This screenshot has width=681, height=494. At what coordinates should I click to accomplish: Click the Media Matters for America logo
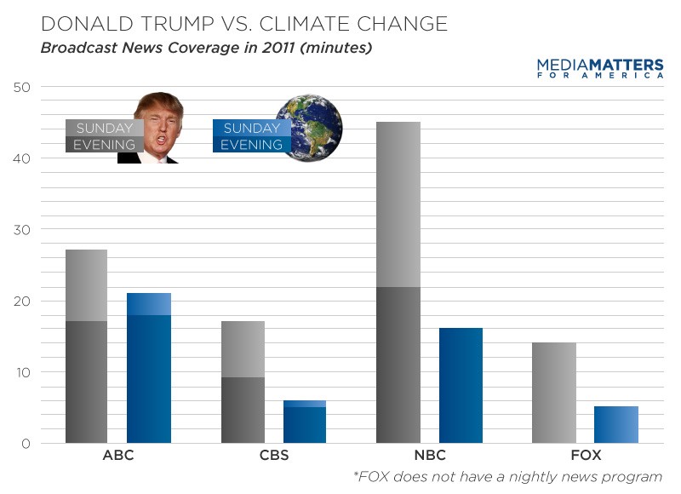coord(600,68)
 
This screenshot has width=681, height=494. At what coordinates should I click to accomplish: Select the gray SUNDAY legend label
coord(104,128)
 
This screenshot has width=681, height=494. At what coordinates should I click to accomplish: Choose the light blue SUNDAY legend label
coord(251,128)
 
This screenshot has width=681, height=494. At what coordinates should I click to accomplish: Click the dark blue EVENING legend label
coord(251,144)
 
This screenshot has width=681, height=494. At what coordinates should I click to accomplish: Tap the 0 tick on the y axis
coord(26,444)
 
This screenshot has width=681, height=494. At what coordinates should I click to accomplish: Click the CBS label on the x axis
coord(273,455)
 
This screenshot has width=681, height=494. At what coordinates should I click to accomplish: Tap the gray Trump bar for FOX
coord(553,393)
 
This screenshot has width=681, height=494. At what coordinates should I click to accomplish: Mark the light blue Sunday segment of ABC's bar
coord(149,304)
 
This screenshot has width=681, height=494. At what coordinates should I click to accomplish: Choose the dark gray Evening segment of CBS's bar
coord(243,410)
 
